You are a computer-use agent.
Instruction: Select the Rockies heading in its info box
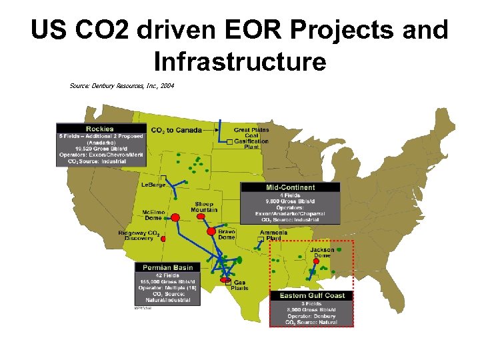click(100, 129)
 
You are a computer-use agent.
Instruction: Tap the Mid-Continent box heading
click(291, 187)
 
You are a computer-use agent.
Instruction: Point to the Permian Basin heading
click(167, 267)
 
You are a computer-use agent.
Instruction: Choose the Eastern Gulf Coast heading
click(311, 295)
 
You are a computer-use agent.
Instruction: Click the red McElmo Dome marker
click(176, 218)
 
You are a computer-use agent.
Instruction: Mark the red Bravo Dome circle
click(211, 231)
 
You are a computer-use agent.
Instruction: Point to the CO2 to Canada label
click(176, 130)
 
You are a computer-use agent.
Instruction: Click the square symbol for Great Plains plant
click(229, 141)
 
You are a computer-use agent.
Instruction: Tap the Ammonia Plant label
click(273, 235)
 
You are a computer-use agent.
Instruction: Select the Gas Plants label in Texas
click(240, 285)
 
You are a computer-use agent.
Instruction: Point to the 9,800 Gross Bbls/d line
click(291, 201)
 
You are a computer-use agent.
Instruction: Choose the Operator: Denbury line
click(311, 316)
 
